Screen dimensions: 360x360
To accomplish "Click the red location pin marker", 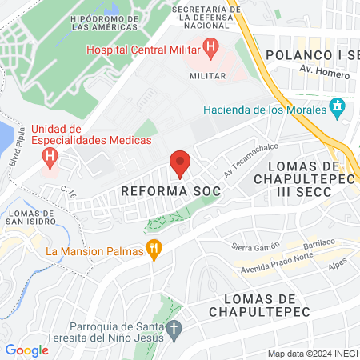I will coord(180,163).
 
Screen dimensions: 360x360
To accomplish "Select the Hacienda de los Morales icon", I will coord(337,107).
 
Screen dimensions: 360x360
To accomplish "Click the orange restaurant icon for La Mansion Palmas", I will coord(154,251).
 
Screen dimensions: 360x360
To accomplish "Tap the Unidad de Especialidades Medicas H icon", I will coord(51,156).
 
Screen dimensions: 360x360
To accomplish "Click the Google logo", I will coord(27,350).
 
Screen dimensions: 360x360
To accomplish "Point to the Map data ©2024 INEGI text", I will coord(311,354).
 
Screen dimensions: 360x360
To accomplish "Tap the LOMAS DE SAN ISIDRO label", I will coord(30,218).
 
